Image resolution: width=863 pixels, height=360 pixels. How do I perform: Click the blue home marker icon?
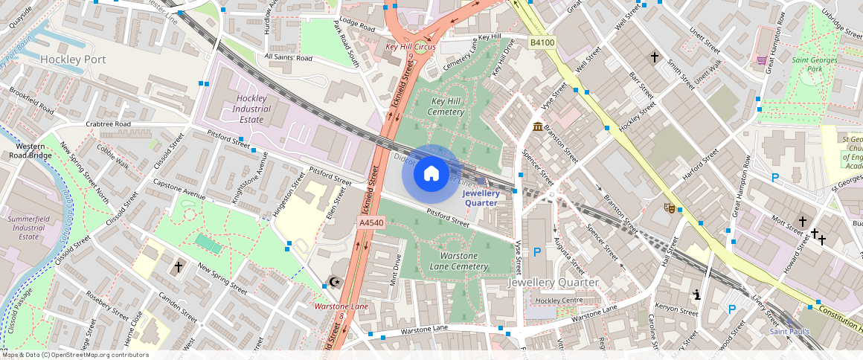[431, 174]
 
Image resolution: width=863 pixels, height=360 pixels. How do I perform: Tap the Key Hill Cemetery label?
[447, 106]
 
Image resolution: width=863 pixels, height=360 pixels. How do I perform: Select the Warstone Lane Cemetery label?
[459, 260]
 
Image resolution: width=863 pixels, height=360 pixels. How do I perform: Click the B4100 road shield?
[542, 43]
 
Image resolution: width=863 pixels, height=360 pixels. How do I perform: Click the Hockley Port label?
[73, 60]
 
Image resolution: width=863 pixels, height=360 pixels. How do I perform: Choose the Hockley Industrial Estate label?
[251, 109]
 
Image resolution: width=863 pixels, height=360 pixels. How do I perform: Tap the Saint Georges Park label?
[815, 65]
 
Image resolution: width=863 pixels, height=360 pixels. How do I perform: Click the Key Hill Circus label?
[410, 47]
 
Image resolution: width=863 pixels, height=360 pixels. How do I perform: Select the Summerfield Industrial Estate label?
[28, 228]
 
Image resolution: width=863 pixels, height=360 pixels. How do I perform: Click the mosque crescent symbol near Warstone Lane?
[335, 282]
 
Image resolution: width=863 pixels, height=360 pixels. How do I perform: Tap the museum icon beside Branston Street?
[537, 127]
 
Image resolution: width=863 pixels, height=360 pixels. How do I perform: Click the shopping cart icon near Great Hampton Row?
[761, 60]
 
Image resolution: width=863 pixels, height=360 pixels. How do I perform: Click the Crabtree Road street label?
[108, 124]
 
